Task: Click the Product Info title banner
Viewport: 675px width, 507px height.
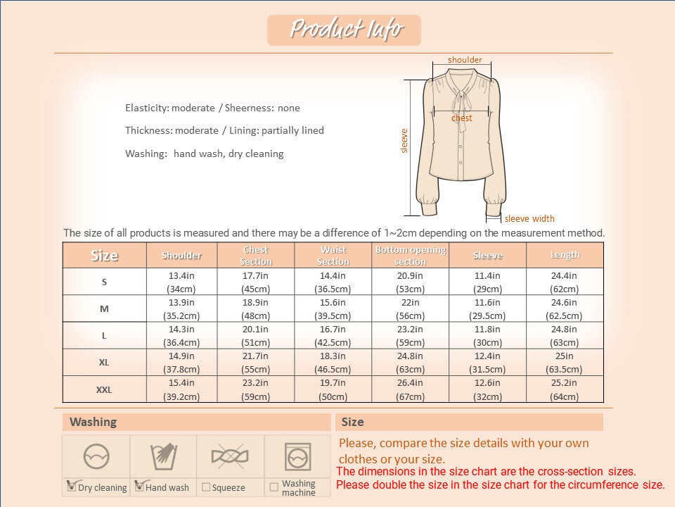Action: point(345,30)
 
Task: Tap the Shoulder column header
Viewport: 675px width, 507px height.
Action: point(182,256)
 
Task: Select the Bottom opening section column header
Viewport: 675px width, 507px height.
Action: point(410,256)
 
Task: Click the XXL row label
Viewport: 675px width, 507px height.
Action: point(104,389)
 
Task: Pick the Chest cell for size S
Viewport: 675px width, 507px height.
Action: point(256,282)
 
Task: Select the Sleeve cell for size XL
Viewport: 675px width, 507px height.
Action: point(487,363)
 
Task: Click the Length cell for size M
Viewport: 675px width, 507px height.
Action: point(565,309)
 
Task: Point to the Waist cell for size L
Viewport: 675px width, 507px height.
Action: point(333,336)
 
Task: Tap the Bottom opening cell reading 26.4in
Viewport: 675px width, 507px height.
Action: point(410,389)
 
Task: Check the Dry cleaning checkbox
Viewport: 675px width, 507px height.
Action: point(71,486)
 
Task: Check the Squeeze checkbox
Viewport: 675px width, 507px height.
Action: point(206,487)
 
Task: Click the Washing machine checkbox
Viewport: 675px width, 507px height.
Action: point(274,487)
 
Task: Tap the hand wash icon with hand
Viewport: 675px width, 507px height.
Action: point(163,457)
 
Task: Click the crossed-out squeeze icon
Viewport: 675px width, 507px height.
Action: point(230,457)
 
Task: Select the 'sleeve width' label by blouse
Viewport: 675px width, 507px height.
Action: point(529,218)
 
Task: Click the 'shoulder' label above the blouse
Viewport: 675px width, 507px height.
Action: point(465,60)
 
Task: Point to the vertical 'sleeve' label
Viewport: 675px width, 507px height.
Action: point(404,141)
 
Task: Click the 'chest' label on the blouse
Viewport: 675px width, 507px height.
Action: point(462,118)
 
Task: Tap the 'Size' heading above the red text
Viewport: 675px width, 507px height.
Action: point(353,422)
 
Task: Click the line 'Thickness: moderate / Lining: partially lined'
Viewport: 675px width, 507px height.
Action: point(224,130)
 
